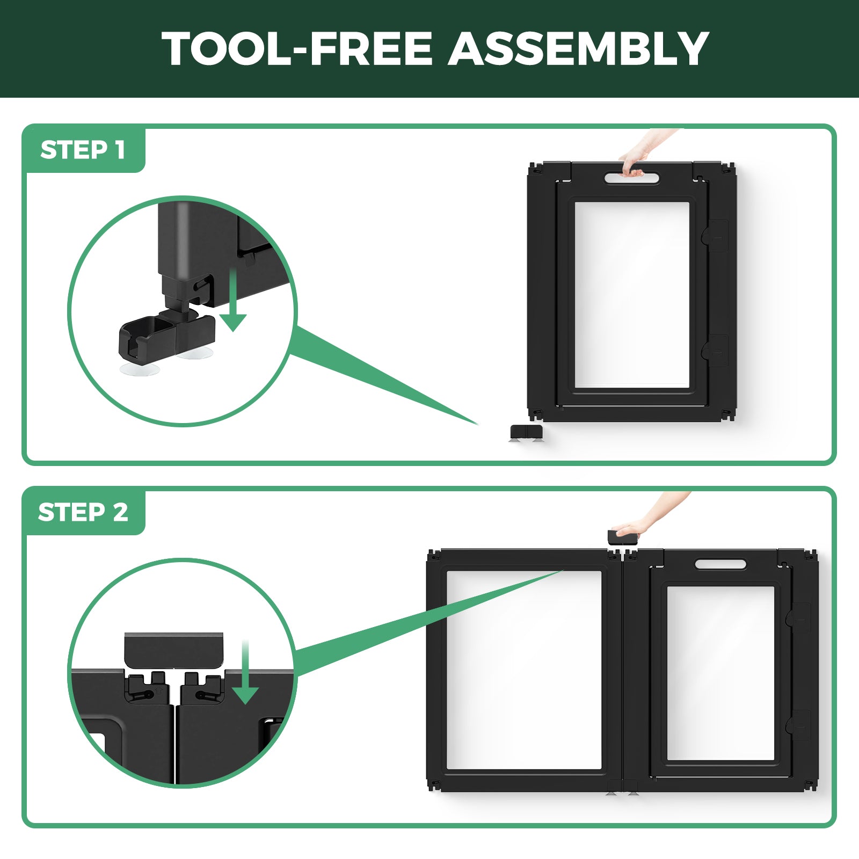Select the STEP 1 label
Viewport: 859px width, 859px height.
pos(83,150)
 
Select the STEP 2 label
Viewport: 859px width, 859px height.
pos(83,512)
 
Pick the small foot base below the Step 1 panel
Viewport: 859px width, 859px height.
pos(526,433)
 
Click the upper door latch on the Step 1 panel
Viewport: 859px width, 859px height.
pos(716,236)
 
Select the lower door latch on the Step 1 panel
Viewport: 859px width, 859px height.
pos(716,351)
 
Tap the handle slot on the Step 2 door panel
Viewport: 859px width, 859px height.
pos(720,564)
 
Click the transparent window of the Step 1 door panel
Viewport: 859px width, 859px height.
pos(632,295)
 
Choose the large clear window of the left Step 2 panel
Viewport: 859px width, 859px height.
pos(524,669)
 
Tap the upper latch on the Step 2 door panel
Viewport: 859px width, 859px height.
pos(799,617)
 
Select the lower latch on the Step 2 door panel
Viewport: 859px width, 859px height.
pos(799,725)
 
